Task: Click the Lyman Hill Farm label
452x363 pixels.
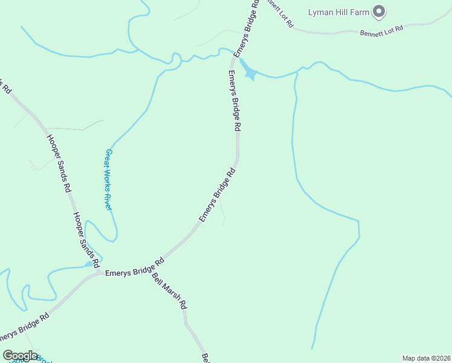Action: [338, 11]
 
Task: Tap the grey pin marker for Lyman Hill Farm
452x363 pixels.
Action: [379, 11]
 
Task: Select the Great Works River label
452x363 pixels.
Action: [109, 180]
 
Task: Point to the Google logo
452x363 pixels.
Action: [20, 356]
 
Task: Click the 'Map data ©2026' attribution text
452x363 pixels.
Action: [426, 358]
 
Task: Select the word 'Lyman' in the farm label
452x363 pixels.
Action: [320, 11]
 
